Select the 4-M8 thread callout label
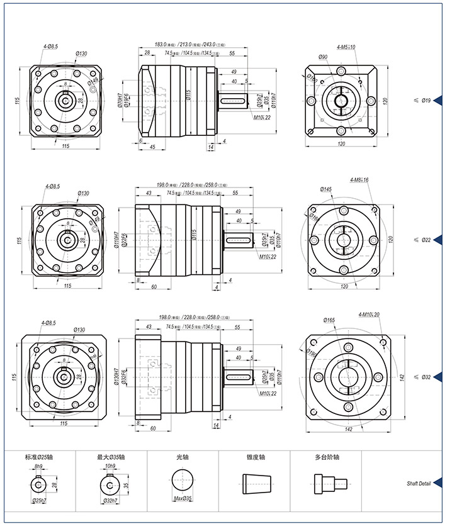[x=359, y=180]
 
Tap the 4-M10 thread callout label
[x=369, y=315]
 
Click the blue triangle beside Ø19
[x=437, y=99]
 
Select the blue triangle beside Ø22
[x=437, y=240]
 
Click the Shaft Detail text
[x=418, y=484]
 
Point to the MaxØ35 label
[x=183, y=498]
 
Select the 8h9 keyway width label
[x=38, y=466]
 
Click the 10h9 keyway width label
[x=111, y=466]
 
